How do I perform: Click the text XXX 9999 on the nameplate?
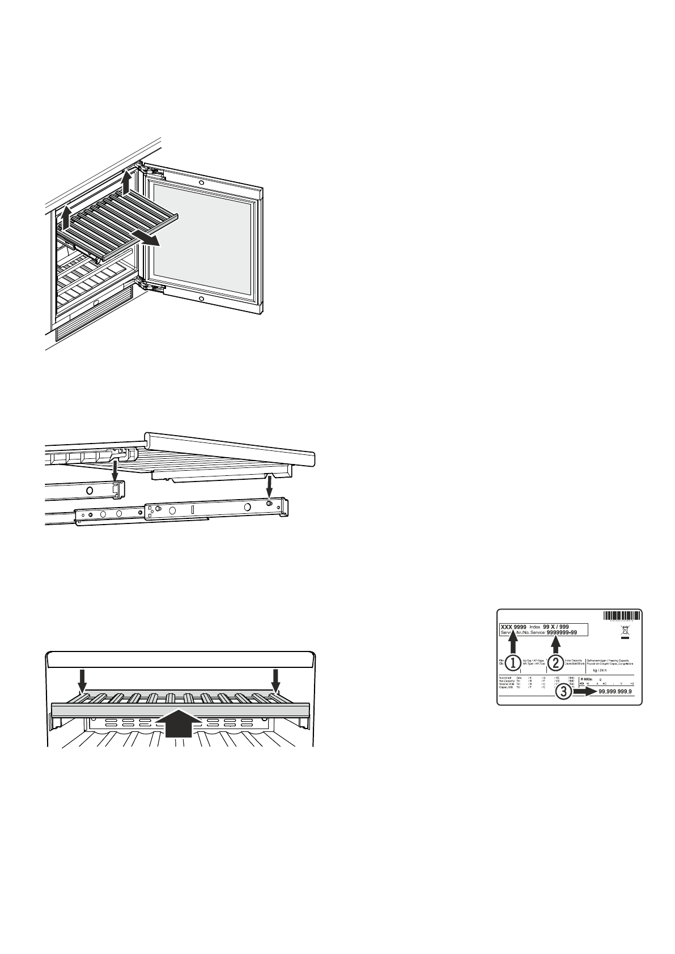tap(513, 627)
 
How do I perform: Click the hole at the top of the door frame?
tap(201, 182)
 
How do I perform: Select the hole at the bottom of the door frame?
tap(201, 297)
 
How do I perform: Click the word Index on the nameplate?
tap(535, 627)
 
